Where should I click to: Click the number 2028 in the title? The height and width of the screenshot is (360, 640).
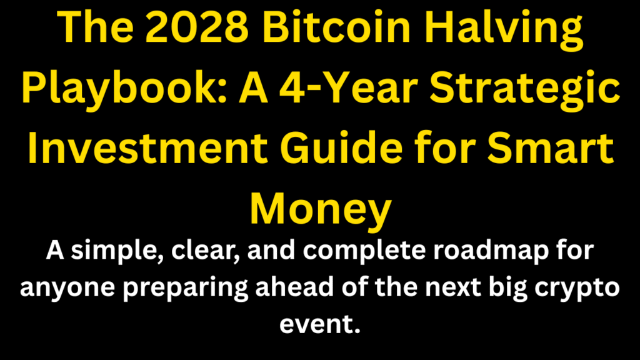(197, 27)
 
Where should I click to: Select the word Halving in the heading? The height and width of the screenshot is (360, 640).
(504, 30)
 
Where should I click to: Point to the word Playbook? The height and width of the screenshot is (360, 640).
(124, 90)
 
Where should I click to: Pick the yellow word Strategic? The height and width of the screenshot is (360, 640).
(525, 90)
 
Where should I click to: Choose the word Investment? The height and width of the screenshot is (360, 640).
(147, 148)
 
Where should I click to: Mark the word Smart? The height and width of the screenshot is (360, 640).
(551, 149)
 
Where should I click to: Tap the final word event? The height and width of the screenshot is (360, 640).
(320, 324)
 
